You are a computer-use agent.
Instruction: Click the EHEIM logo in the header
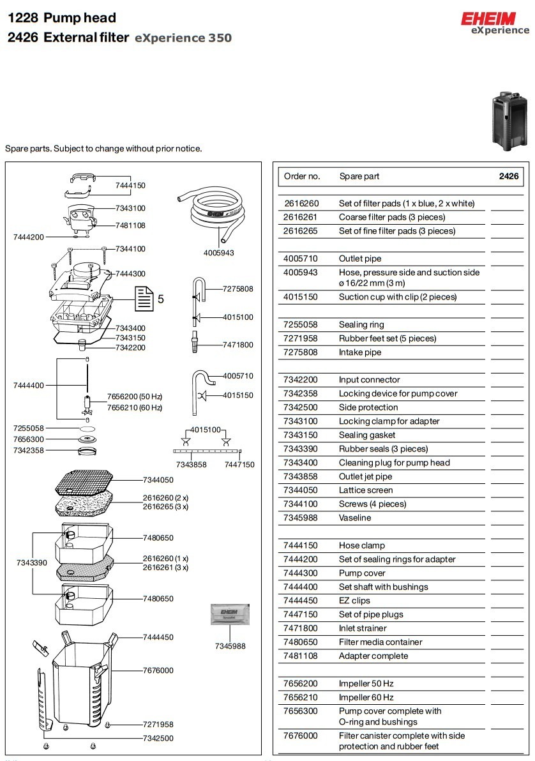(x=495, y=19)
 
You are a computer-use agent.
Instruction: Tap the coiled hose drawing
(x=213, y=214)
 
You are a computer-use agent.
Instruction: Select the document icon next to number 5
(x=144, y=298)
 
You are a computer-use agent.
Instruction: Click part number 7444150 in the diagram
(x=130, y=186)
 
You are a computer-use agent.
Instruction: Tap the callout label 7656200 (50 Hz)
(x=134, y=396)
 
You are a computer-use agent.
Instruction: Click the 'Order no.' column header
(x=302, y=176)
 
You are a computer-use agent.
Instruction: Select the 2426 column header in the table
(x=509, y=176)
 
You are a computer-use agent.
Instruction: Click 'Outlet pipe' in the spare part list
(x=360, y=259)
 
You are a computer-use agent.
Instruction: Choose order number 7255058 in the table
(x=301, y=324)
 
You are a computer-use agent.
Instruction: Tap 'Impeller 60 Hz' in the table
(x=366, y=697)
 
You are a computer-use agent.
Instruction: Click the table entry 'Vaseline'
(x=355, y=518)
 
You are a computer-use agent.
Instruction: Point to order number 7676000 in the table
(x=301, y=735)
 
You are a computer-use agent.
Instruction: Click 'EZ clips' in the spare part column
(x=354, y=601)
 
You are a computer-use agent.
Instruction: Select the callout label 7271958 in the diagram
(x=158, y=725)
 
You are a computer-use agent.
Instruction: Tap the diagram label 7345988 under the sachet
(x=230, y=646)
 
